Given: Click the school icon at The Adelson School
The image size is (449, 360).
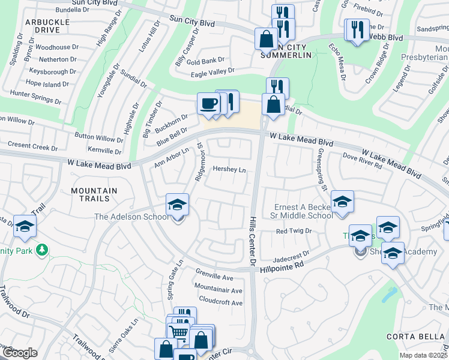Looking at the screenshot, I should coord(177,205).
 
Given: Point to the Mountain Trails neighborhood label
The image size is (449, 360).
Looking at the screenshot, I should coord(94,194).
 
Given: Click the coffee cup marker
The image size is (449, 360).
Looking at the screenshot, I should coord(208,103).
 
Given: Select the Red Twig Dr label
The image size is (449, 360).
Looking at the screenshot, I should coord(294,231).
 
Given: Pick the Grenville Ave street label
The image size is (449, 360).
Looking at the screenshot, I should coord(214,278).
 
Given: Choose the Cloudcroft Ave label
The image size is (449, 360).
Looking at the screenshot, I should coord(220,303).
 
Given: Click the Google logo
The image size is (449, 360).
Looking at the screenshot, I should coord(19,353).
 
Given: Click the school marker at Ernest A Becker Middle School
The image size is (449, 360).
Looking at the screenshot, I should coord(342,202).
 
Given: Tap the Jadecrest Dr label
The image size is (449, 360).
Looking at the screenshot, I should coord(290,255).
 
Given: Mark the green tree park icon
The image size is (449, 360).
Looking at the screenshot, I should coord(42,249).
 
